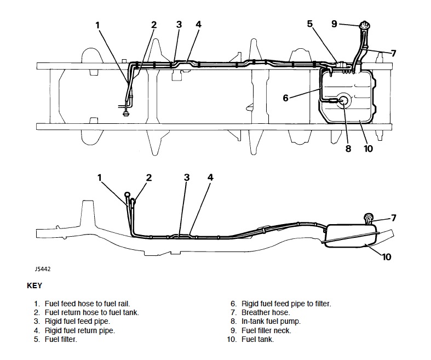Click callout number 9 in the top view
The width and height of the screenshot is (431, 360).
click(334, 24)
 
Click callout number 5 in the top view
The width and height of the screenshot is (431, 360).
click(309, 24)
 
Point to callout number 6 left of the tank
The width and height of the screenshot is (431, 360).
click(285, 98)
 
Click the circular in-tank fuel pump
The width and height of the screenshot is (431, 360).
click(343, 101)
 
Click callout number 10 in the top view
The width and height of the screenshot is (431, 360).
click(368, 147)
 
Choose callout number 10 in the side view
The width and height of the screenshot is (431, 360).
click(387, 256)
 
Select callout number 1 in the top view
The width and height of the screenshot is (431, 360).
click(97, 25)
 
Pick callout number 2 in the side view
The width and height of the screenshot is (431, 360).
click(149, 177)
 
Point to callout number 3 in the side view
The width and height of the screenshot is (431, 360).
click(187, 177)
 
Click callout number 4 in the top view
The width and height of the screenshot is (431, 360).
click(198, 25)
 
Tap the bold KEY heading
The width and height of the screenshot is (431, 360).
click(34, 285)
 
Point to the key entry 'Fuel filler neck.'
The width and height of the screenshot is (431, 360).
click(266, 330)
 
